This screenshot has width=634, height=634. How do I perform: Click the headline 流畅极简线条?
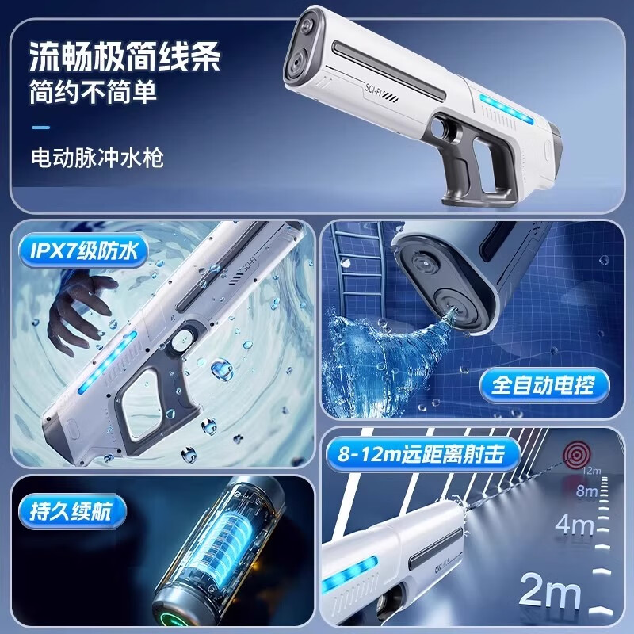click(124, 55)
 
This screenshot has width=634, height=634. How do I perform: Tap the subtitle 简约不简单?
click(94, 91)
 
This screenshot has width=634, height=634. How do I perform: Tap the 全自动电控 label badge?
click(542, 386)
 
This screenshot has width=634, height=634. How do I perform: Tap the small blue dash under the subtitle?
click(40, 127)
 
